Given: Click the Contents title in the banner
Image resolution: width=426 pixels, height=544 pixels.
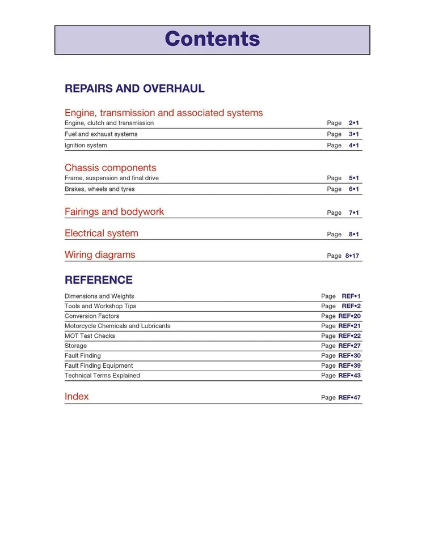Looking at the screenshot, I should point(212,39).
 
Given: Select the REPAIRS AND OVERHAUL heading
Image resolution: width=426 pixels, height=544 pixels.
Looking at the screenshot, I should point(134,88).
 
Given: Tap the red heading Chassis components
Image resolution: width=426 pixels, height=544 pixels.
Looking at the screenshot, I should point(110,168).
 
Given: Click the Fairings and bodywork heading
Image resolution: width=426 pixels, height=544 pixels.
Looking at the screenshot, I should point(114,212).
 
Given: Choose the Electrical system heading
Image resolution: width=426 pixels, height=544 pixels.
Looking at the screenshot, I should point(101,233).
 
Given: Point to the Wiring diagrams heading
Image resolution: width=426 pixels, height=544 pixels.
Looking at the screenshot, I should point(100,255).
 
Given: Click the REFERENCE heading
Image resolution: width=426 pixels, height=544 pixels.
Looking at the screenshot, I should point(99,280).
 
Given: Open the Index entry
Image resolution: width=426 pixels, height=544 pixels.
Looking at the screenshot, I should point(77,397).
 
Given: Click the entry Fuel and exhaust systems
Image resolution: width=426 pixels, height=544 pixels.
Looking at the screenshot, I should point(101,134).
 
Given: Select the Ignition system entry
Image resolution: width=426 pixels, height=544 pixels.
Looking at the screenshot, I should point(86,146).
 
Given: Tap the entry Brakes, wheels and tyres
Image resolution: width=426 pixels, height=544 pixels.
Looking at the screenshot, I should point(99,189).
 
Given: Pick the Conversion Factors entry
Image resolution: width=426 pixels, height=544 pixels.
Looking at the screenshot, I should point(92,316).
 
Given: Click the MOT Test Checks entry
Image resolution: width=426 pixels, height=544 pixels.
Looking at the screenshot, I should point(90,336).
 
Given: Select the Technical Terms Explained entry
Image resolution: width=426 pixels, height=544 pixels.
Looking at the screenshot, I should point(102,376).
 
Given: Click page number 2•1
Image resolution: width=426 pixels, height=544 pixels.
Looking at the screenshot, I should point(354,123).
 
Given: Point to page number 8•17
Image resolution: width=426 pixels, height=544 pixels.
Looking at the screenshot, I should point(352,256).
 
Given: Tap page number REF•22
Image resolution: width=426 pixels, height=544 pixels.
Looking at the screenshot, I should point(349,336).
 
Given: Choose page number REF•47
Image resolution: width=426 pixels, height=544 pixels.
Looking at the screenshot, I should point(349,398).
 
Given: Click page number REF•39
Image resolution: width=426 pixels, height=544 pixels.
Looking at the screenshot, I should point(349,366).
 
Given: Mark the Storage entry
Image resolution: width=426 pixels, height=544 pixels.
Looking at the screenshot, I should point(75,346).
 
